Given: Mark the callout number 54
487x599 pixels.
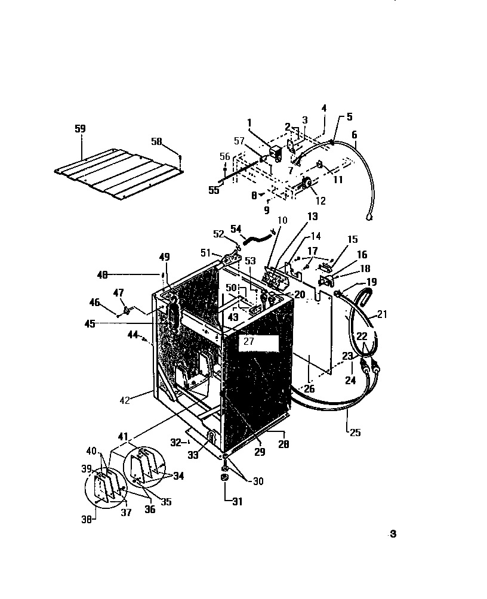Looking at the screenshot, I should pos(236,229).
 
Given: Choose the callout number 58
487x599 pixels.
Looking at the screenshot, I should pos(156,142).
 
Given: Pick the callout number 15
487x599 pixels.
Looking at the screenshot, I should pos(352,239).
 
